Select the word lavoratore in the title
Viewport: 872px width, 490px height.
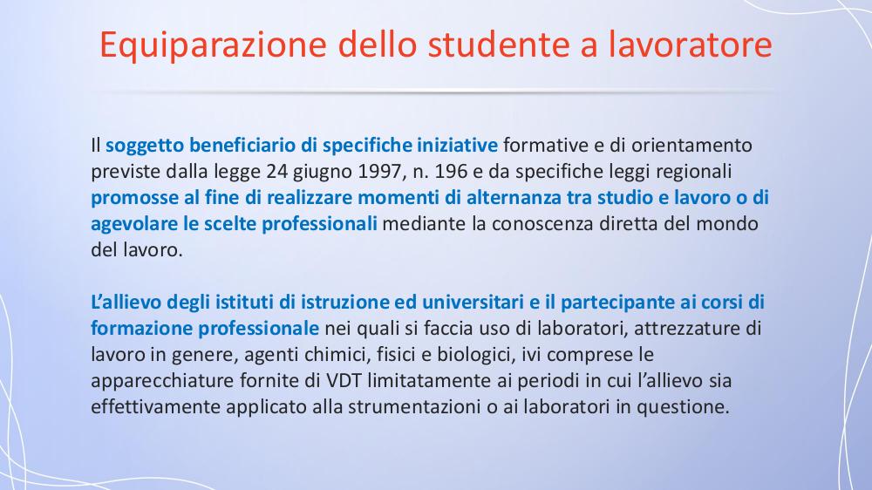coord(690,44)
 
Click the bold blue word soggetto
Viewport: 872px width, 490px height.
coord(144,146)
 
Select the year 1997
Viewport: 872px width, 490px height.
coord(380,171)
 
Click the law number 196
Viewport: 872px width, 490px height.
coord(451,171)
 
